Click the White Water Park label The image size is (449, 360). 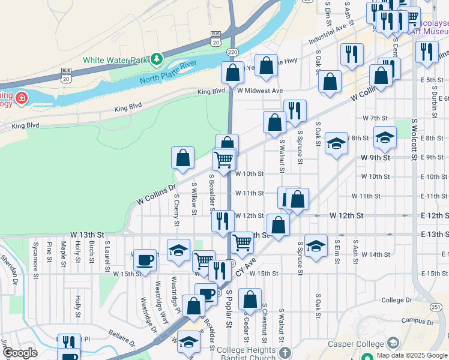click(115, 60)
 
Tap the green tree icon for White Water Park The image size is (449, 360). click(157, 59)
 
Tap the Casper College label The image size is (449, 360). click(355, 344)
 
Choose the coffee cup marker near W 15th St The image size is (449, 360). click(144, 260)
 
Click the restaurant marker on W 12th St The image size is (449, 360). click(223, 220)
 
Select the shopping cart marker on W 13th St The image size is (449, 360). click(242, 242)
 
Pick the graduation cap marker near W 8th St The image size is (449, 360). click(336, 143)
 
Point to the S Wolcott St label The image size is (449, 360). click(414, 140)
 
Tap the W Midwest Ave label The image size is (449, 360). click(259, 91)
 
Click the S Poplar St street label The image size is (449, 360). click(229, 311)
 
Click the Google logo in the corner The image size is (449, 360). click(19, 353)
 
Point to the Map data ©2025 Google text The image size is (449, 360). click(411, 355)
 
